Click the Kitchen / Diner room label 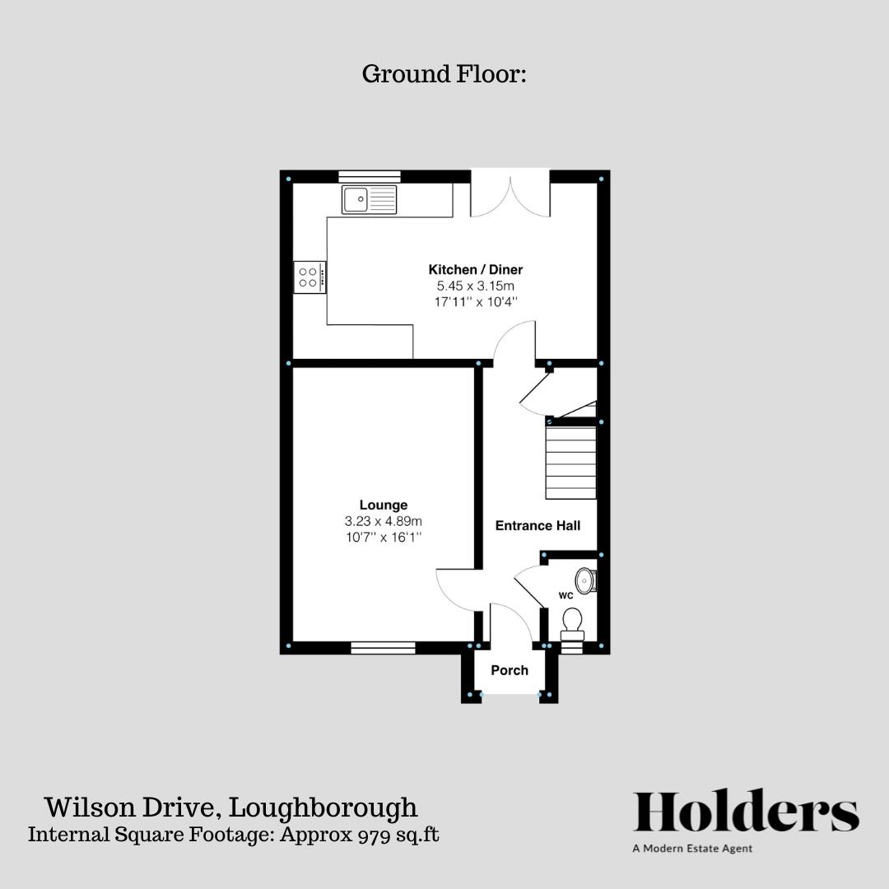(x=475, y=269)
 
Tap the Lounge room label (x=383, y=505)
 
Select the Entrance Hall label (x=538, y=525)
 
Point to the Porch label (x=510, y=670)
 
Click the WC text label (x=566, y=594)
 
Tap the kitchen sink (x=370, y=199)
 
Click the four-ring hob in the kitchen (x=310, y=277)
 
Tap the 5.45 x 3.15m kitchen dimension (x=475, y=286)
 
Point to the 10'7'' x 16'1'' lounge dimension (x=383, y=537)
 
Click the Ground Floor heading (x=444, y=74)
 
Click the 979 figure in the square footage (x=367, y=835)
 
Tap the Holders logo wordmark (x=746, y=812)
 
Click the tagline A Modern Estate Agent (x=692, y=849)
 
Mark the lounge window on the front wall (x=383, y=648)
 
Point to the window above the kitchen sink (x=370, y=175)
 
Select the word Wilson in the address (x=83, y=807)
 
